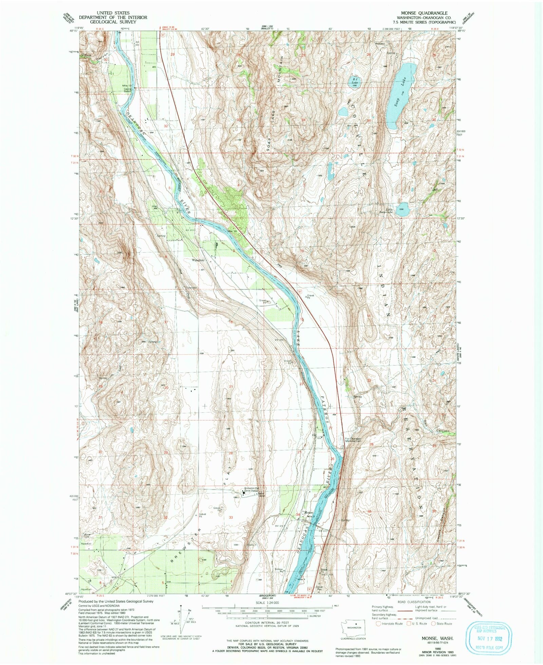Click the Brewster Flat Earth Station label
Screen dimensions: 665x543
click(x=250, y=490)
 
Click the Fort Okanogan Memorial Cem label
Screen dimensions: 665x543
click(x=354, y=441)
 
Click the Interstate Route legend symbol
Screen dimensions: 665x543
click(x=379, y=623)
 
